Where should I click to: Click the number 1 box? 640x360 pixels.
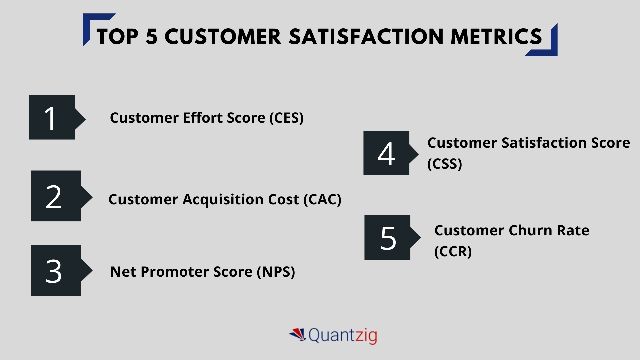52,117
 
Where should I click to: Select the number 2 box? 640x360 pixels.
56,196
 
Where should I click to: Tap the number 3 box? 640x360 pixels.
56,270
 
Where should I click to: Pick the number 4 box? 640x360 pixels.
386,153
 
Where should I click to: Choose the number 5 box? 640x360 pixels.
387,237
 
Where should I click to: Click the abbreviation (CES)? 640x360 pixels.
286,118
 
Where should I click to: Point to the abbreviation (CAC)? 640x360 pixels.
322,200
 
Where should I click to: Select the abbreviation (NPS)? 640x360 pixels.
276,272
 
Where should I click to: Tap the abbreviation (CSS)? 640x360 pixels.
445,164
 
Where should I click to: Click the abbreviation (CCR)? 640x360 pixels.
453,251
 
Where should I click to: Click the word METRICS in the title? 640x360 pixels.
496,36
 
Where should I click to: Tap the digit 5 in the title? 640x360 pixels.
151,36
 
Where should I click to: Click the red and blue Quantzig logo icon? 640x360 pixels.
298,334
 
